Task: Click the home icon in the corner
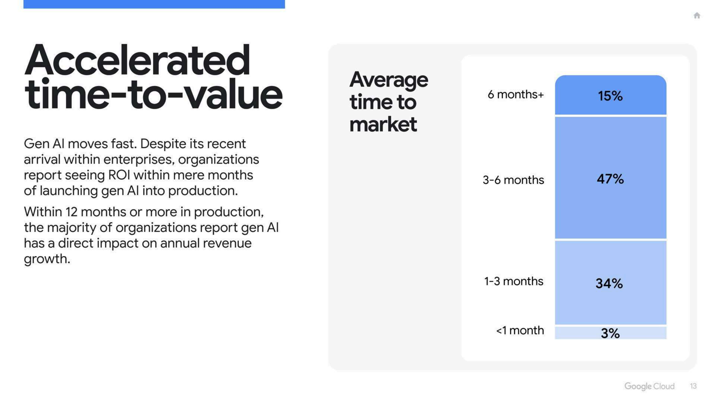pyautogui.click(x=697, y=15)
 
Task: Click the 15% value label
pyautogui.click(x=610, y=96)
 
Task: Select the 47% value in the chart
pyautogui.click(x=610, y=179)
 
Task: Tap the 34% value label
pyautogui.click(x=609, y=283)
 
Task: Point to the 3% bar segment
pyautogui.click(x=611, y=333)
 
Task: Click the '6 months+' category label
pyautogui.click(x=516, y=94)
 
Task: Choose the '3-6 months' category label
pyautogui.click(x=513, y=180)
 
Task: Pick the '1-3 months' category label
pyautogui.click(x=514, y=281)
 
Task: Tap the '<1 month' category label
pyautogui.click(x=520, y=330)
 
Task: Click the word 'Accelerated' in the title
pyautogui.click(x=137, y=60)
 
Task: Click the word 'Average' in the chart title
pyautogui.click(x=389, y=81)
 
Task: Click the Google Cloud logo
pyautogui.click(x=649, y=386)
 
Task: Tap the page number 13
pyautogui.click(x=693, y=386)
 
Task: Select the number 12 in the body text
pyautogui.click(x=71, y=212)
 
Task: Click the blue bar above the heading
pyautogui.click(x=154, y=4)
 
